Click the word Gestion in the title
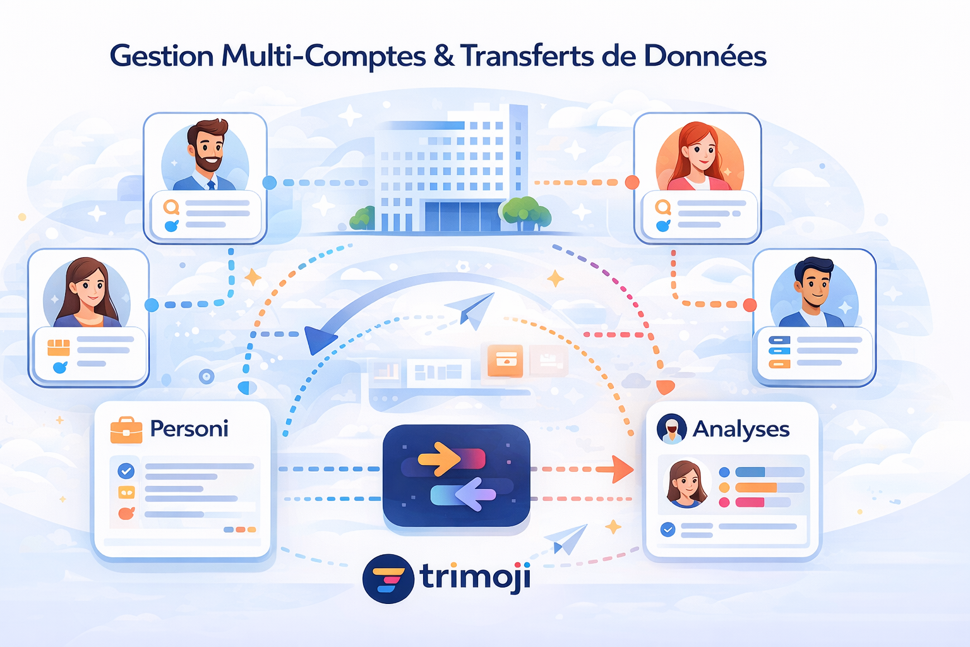162,56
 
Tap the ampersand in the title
443,56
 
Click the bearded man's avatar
205,155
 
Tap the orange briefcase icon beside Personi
126,430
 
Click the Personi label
189,429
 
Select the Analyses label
741,430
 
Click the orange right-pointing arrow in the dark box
439,458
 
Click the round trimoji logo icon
388,579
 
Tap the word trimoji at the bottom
475,576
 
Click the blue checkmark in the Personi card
126,471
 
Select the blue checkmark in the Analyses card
668,529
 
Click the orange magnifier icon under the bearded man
172,207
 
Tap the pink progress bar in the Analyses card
750,502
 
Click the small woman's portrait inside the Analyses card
686,484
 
